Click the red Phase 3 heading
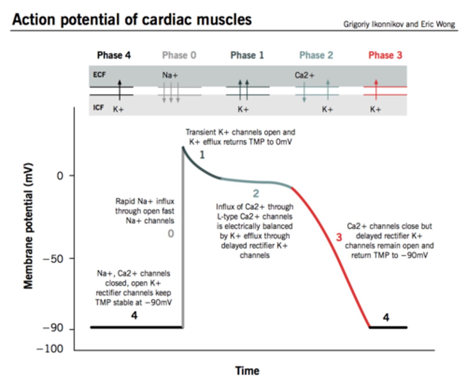(x=385, y=55)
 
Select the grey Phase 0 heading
(x=179, y=55)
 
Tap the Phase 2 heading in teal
(x=316, y=55)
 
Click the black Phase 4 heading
(x=114, y=55)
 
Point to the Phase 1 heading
(x=247, y=55)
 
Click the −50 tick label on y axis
(x=54, y=259)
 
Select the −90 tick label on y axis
(x=54, y=328)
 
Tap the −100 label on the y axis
(x=50, y=349)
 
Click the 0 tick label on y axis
(x=60, y=176)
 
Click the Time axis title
(x=247, y=371)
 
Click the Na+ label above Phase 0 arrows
(x=170, y=75)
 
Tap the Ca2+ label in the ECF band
(x=304, y=75)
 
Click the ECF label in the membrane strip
(x=99, y=75)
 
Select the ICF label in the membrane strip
(x=98, y=107)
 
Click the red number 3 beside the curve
(x=339, y=237)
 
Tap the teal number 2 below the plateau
(x=256, y=193)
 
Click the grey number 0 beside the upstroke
(x=171, y=233)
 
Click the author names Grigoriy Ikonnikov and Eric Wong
(x=399, y=24)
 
